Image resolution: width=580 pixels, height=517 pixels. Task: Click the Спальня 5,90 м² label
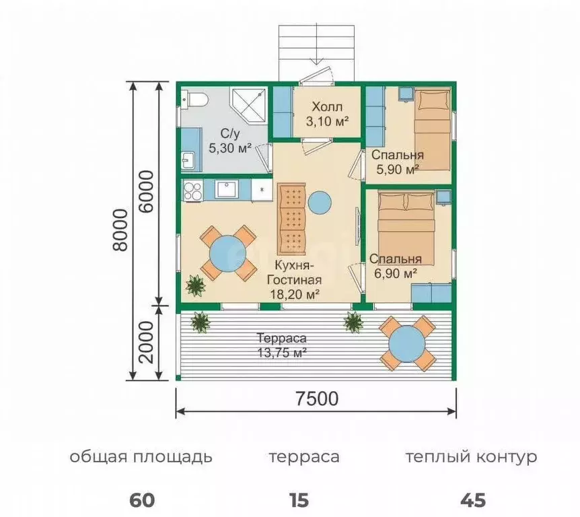pyautogui.click(x=396, y=161)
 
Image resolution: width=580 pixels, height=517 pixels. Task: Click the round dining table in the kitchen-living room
pyautogui.click(x=228, y=253)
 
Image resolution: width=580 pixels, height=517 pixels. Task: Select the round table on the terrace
pyautogui.click(x=406, y=344)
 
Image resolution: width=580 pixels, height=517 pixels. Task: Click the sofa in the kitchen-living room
pyautogui.click(x=292, y=215)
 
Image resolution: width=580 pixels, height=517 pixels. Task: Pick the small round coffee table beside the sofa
pyautogui.click(x=320, y=203)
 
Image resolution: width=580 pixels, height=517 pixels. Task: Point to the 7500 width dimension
pyautogui.click(x=316, y=398)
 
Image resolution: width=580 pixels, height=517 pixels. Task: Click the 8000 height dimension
pyautogui.click(x=120, y=229)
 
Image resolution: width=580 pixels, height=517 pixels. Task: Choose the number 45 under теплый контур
pyautogui.click(x=472, y=500)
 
